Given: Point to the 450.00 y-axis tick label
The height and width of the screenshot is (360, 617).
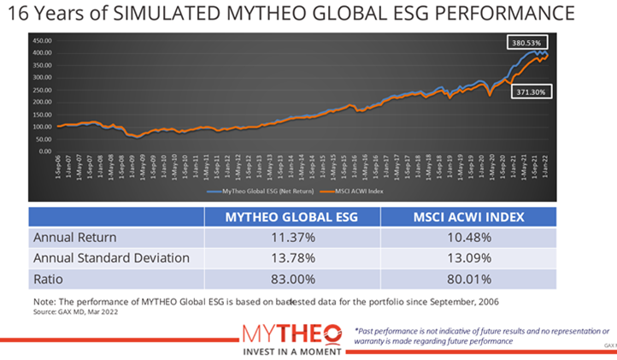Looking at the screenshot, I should [x=42, y=40].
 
